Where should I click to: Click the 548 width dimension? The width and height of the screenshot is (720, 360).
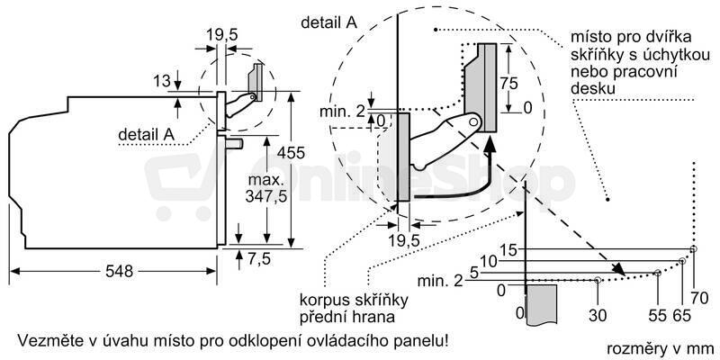coord(119,272)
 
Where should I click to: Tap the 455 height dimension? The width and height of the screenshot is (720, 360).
coord(290,152)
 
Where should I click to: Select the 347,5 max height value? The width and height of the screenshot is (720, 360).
coord(265,196)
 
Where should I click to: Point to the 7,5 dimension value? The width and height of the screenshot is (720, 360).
coord(260,259)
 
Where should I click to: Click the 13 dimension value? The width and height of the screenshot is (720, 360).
coord(162,82)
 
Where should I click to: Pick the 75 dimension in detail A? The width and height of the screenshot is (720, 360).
coord(508,84)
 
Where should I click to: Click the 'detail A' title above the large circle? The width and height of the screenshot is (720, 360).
coord(328,23)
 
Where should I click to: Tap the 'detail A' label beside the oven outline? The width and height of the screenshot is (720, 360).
coord(147,134)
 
